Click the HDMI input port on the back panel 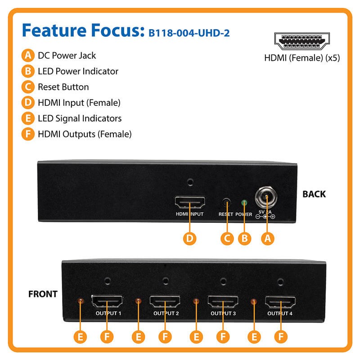tap(190, 202)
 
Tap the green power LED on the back tap(244, 203)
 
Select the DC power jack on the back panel tap(266, 198)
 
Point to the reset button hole tap(227, 203)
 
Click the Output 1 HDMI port tap(107, 301)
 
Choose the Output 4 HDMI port tap(280, 302)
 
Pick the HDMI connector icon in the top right tap(302, 41)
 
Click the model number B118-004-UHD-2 tap(189, 33)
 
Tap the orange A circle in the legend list tap(28, 55)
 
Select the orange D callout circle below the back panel tap(189, 238)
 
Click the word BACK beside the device tap(314, 194)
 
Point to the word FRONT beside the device tap(43, 294)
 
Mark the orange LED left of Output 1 tap(81, 301)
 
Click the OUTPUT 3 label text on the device tap(223, 313)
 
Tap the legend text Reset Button tap(63, 87)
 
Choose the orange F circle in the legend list tap(28, 134)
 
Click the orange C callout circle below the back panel tap(227, 238)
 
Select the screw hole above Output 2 tap(165, 281)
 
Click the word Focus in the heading tap(118, 30)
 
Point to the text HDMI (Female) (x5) tap(302, 58)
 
